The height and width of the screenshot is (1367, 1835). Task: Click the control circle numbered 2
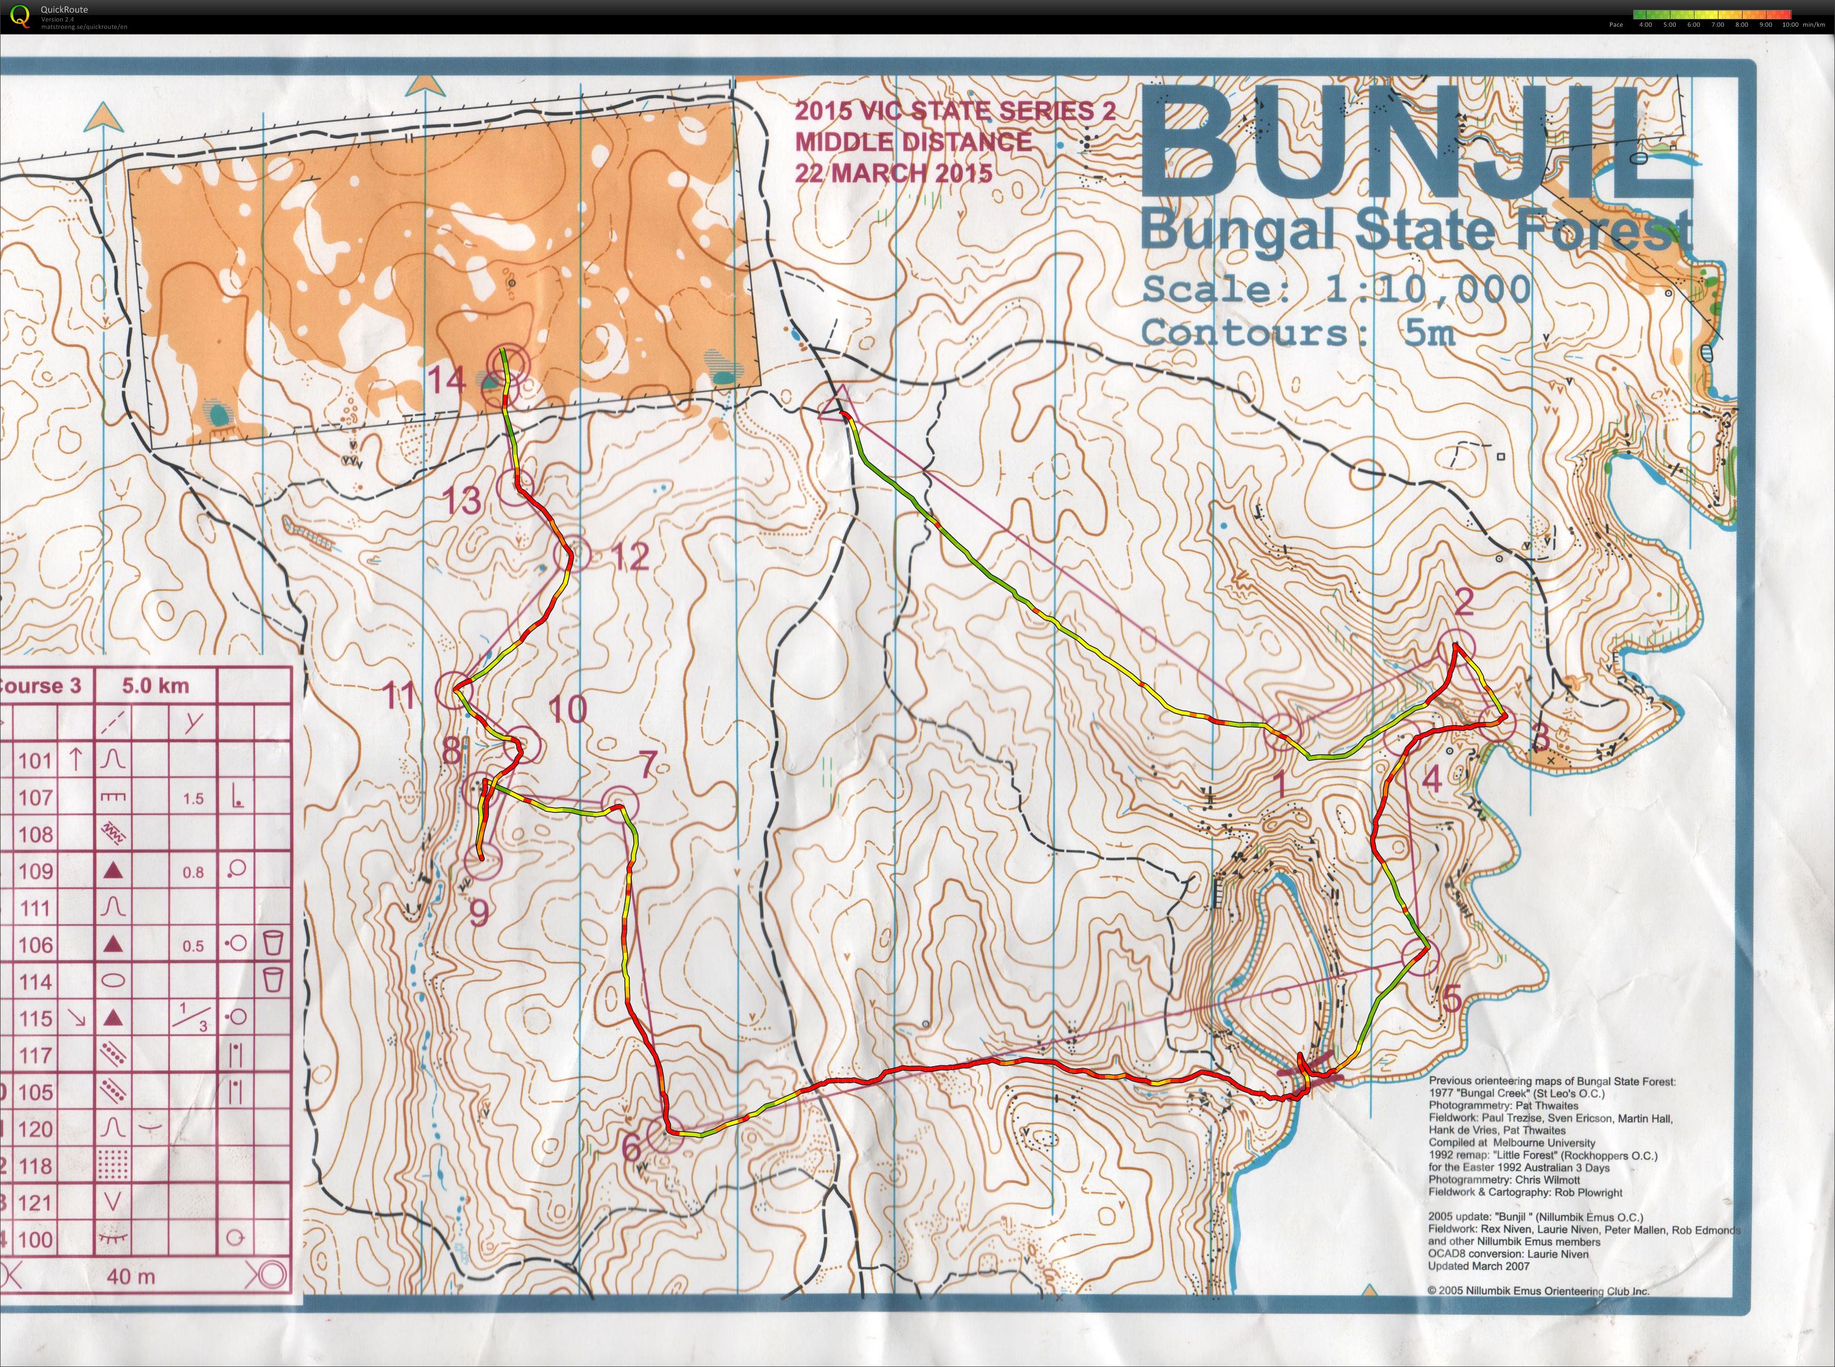(x=1457, y=646)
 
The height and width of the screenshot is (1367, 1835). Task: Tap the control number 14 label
(x=447, y=381)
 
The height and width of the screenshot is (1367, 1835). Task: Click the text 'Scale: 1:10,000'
(x=1336, y=289)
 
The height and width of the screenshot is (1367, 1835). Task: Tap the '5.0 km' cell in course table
(x=156, y=686)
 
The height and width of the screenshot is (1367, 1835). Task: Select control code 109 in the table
(x=36, y=871)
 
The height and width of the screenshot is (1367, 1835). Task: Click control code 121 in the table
(x=36, y=1202)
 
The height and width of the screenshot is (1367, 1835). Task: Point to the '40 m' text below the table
(x=131, y=1277)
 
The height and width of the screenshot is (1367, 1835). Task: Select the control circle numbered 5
(x=1420, y=957)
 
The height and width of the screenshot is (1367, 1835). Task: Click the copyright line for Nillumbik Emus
(x=1538, y=1291)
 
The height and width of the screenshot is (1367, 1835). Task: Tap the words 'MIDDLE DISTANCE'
(x=914, y=142)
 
